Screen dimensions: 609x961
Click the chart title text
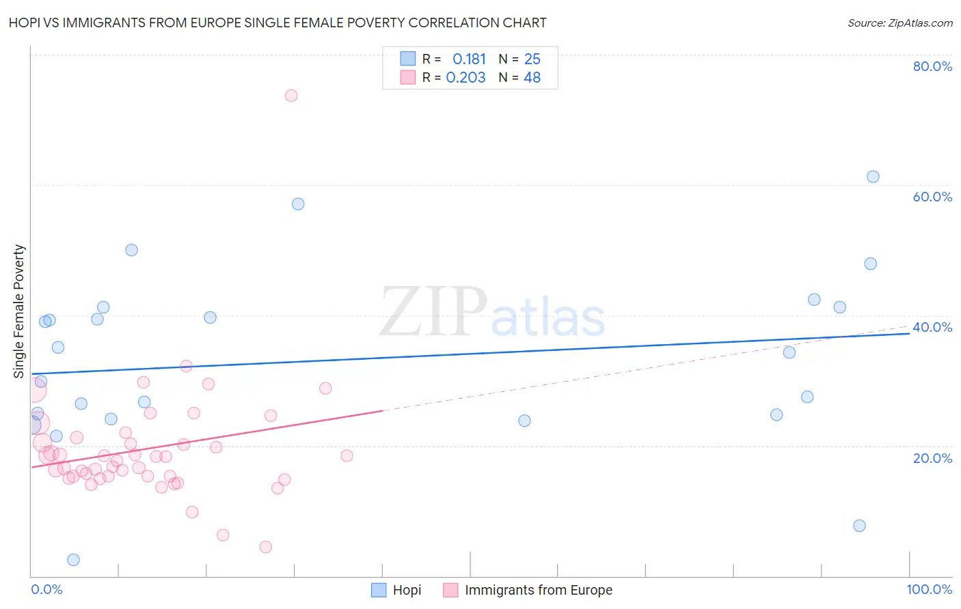(278, 23)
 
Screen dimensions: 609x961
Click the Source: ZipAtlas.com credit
(899, 23)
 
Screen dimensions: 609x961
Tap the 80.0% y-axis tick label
(932, 66)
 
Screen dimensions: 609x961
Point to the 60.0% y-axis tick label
(932, 197)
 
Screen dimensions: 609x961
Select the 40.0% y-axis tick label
(932, 327)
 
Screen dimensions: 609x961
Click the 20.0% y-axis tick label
(932, 458)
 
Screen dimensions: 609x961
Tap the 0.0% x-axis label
(46, 589)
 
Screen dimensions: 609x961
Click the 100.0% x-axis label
(929, 589)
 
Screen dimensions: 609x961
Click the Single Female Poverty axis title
(19, 311)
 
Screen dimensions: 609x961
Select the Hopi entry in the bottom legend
(397, 590)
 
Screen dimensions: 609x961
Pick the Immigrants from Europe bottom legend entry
(528, 590)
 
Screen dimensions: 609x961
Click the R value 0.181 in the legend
(469, 59)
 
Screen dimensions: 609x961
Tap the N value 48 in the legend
(532, 78)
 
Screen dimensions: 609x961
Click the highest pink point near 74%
(291, 96)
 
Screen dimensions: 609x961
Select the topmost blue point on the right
(873, 177)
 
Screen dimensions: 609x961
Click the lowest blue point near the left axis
(73, 560)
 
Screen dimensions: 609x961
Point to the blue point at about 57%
(298, 204)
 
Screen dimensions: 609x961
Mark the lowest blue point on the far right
(859, 526)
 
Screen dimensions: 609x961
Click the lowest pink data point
(266, 547)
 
